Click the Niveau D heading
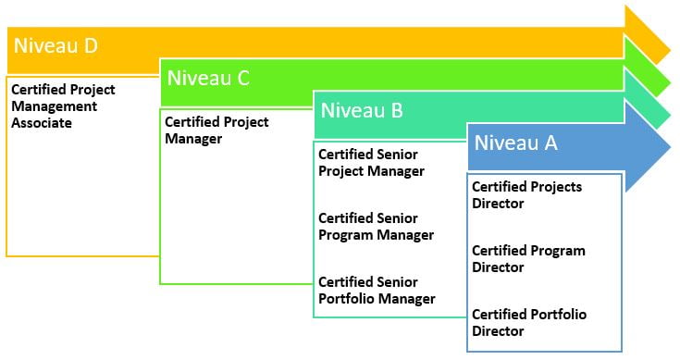pyautogui.click(x=56, y=44)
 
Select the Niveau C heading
pyautogui.click(x=208, y=78)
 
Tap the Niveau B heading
pyautogui.click(x=362, y=111)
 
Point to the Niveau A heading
pyautogui.click(x=517, y=143)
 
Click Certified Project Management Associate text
pyautogui.click(x=62, y=106)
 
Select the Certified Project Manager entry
pyautogui.click(x=216, y=130)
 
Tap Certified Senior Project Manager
pyautogui.click(x=371, y=162)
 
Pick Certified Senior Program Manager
pyautogui.click(x=376, y=226)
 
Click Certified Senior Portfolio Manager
pyautogui.click(x=377, y=290)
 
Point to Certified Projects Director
pyautogui.click(x=526, y=194)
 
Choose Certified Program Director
pyautogui.click(x=528, y=258)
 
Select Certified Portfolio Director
pyautogui.click(x=528, y=322)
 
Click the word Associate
pyautogui.click(x=41, y=122)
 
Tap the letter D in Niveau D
pyautogui.click(x=90, y=44)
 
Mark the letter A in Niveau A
pyautogui.click(x=550, y=143)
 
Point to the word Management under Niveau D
pyautogui.click(x=53, y=106)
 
